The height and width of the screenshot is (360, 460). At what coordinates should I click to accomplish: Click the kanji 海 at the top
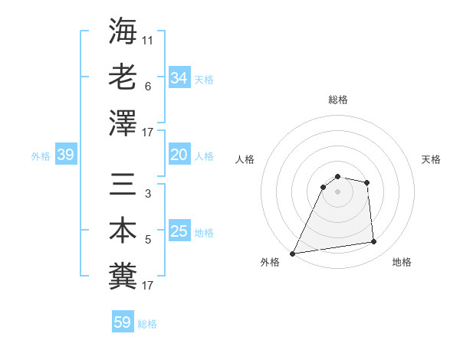point(123,31)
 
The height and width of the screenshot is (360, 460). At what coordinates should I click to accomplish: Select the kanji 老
point(123,77)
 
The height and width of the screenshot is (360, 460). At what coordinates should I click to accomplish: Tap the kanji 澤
point(123,123)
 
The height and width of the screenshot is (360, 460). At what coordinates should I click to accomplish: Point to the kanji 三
point(123,184)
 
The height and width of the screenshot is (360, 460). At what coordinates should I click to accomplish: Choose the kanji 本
point(123,230)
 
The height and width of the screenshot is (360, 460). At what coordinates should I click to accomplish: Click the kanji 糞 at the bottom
point(123,275)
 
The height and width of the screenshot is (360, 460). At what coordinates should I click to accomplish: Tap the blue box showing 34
point(179,78)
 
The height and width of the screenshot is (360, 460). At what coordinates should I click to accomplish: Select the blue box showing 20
point(179,155)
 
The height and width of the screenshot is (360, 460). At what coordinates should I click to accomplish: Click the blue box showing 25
point(179,232)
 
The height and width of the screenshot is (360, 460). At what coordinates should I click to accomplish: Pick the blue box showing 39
point(66,155)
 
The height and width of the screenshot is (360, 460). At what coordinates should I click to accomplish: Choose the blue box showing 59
point(122,323)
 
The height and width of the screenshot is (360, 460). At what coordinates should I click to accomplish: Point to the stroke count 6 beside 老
point(147,87)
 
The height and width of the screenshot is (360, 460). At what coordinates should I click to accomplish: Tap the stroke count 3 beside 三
point(147,194)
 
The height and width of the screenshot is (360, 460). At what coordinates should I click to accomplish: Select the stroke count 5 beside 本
point(147,240)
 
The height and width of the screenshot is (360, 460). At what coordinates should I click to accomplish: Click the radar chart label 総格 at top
point(337,100)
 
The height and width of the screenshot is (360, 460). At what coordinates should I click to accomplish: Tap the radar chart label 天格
point(431,159)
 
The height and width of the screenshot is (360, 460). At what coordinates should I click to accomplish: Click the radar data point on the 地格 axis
point(374,242)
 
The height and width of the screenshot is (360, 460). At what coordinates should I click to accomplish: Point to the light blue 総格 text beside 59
point(147,324)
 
